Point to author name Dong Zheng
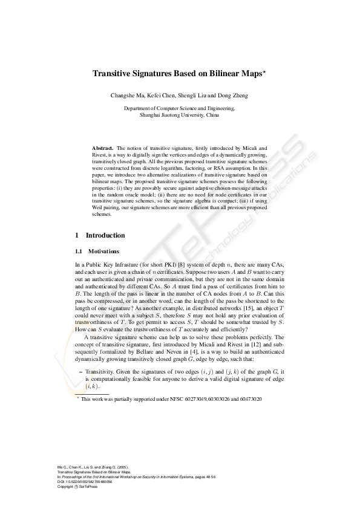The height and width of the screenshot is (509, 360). pos(232,96)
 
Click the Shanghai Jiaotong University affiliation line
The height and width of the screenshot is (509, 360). pos(179,114)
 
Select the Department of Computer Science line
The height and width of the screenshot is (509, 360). pos(179,108)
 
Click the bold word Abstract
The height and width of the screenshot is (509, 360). pos(102,148)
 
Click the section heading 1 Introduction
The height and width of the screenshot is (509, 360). pos(100,235)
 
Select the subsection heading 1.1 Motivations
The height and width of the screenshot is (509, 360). pos(97,251)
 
